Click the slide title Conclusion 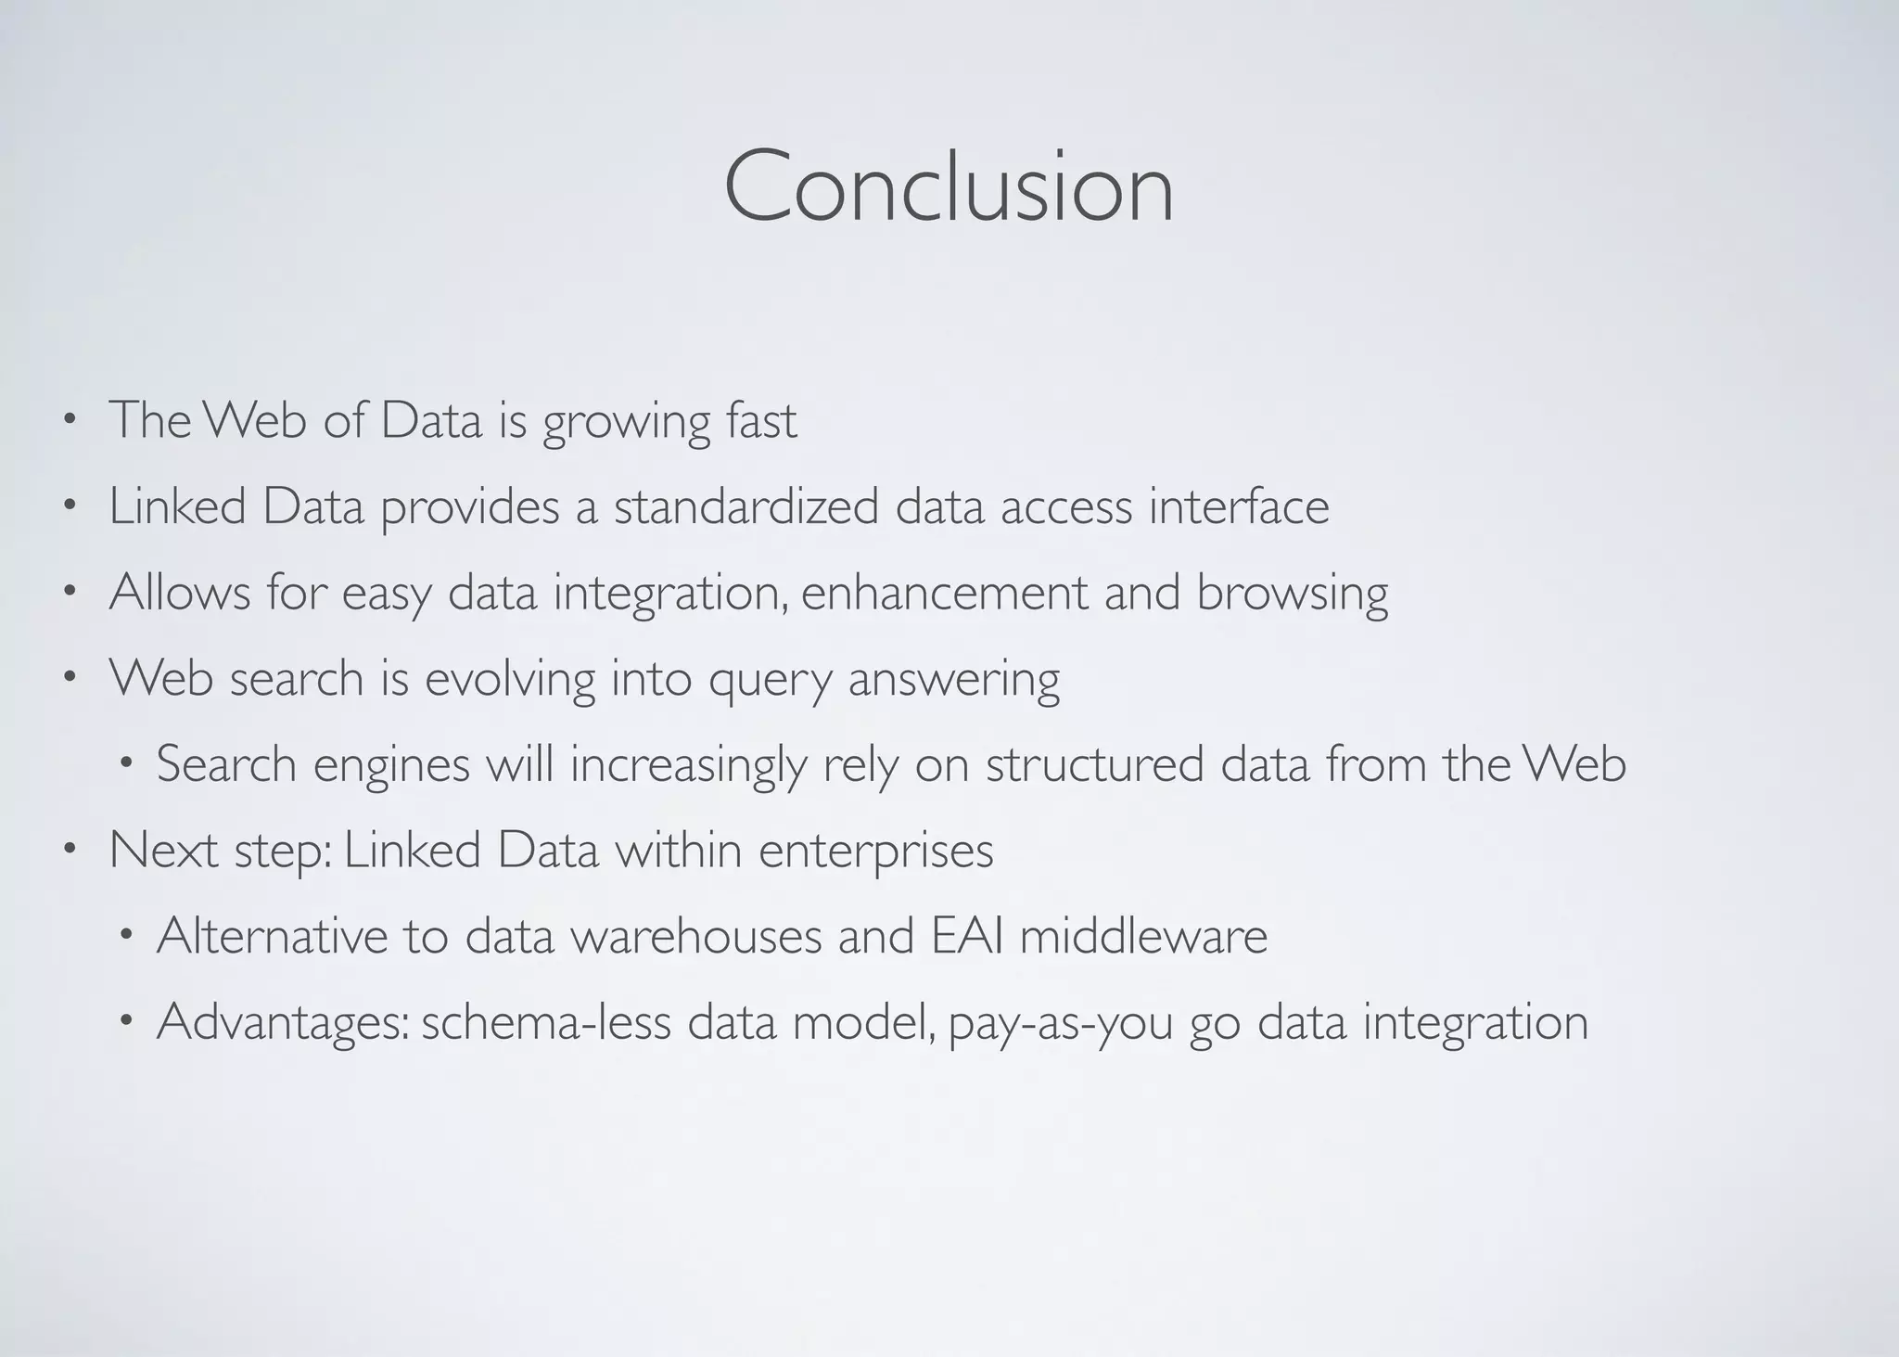point(949,187)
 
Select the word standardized point(746,507)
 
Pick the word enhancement point(944,594)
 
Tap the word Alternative point(272,935)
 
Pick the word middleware point(1143,935)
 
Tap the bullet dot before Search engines point(126,764)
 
